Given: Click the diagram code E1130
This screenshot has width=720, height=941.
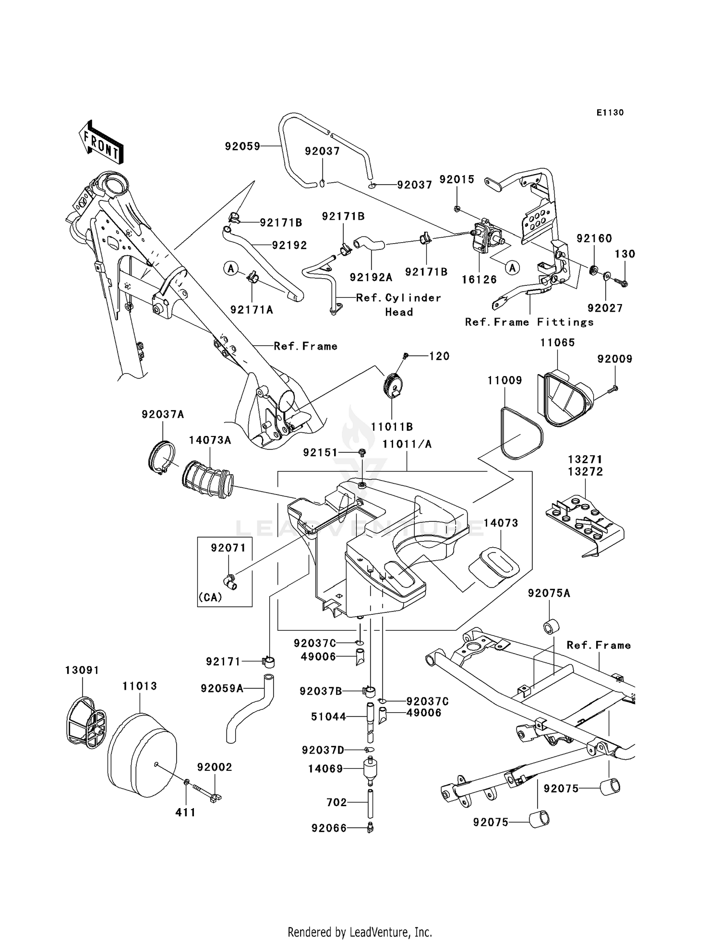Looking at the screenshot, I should click(610, 113).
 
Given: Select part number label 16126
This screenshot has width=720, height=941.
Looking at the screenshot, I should click(479, 280).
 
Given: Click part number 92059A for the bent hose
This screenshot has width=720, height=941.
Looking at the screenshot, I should click(222, 689).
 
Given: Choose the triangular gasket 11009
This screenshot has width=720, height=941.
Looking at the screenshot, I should click(522, 434).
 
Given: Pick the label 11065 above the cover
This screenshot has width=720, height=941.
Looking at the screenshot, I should click(557, 342).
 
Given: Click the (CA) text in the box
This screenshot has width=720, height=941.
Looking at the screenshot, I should click(210, 598).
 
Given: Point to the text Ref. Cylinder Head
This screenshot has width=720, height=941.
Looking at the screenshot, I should click(398, 305).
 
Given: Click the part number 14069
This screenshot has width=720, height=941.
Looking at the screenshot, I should click(325, 769).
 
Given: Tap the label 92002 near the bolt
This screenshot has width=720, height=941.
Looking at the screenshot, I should click(215, 767).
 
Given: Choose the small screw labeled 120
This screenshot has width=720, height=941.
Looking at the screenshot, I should click(406, 355).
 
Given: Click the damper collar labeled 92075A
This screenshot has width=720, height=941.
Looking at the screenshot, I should click(550, 627).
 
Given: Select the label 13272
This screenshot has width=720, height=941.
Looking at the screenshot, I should click(585, 471).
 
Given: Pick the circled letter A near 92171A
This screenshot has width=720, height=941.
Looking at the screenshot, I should click(231, 269).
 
